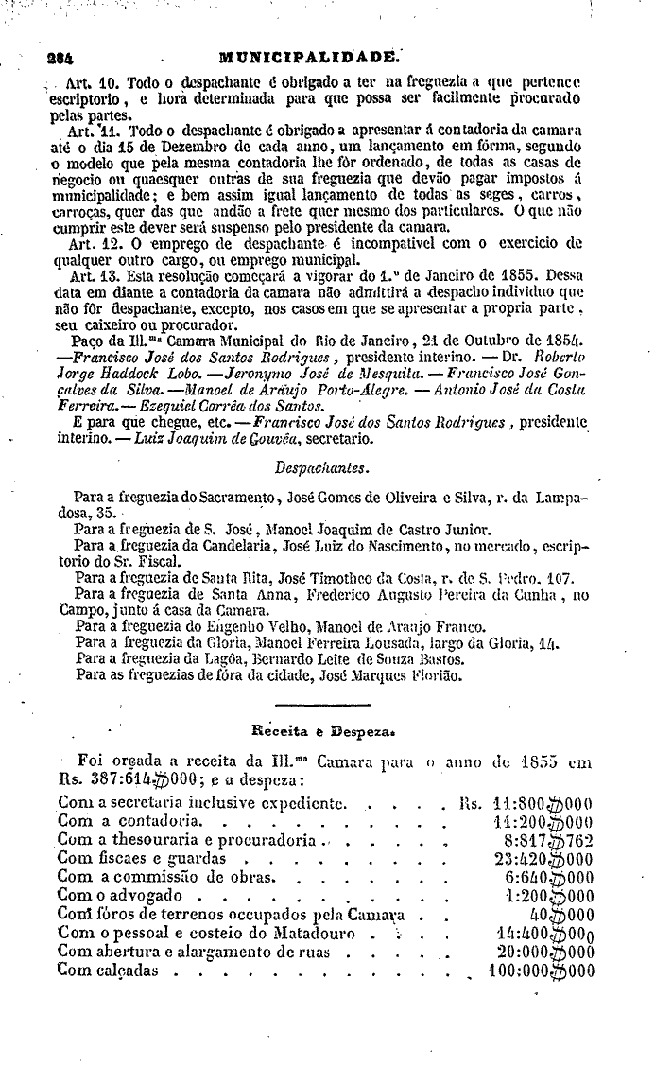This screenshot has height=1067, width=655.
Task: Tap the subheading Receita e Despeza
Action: click(x=321, y=730)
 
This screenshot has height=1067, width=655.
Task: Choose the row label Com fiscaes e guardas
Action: click(x=142, y=859)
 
